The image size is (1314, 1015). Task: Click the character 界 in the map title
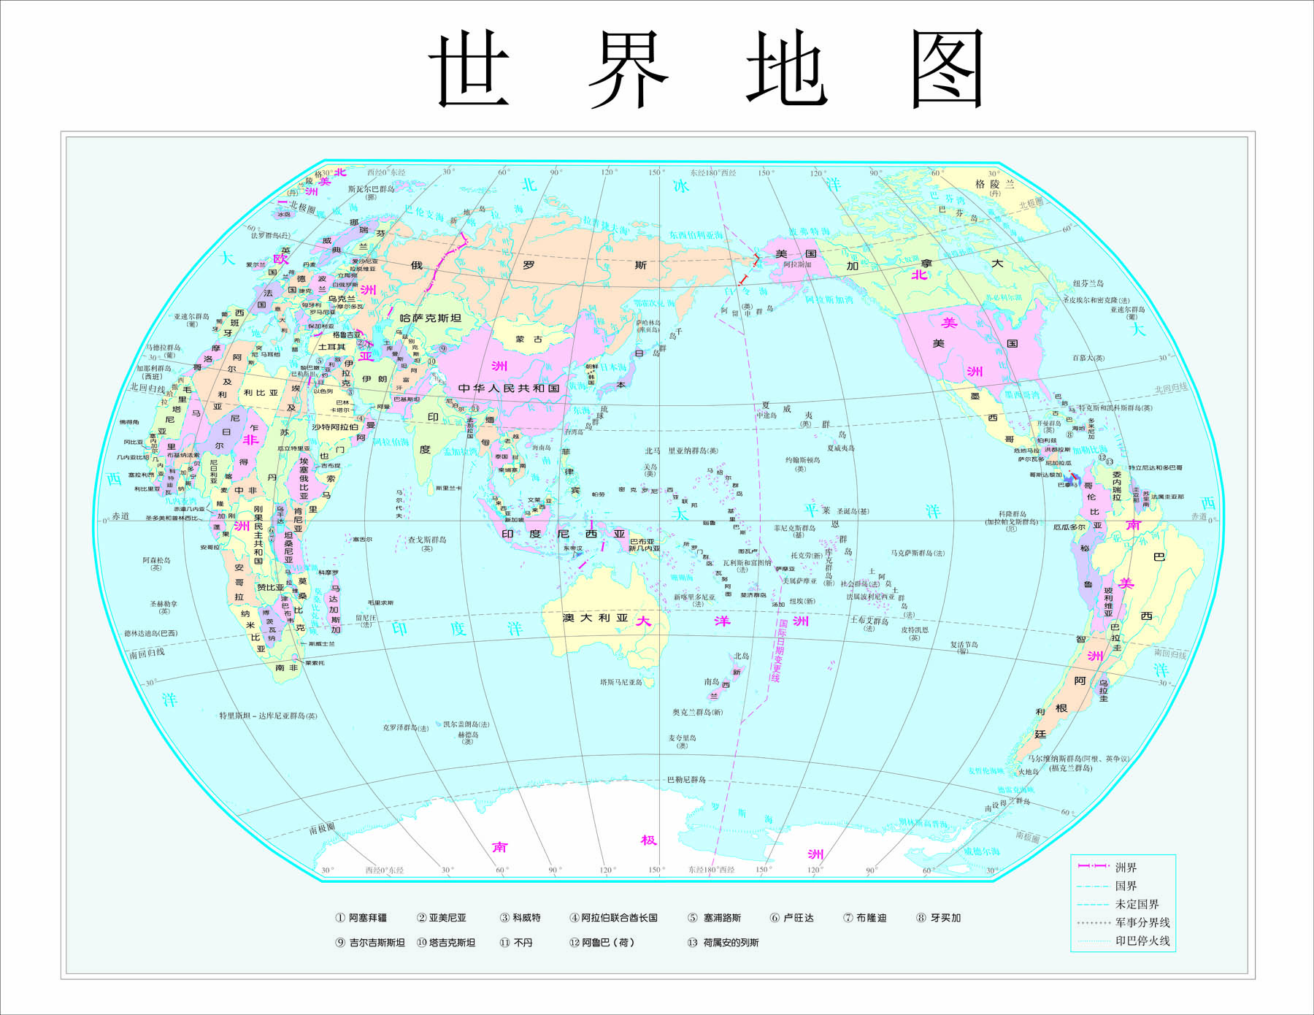point(628,69)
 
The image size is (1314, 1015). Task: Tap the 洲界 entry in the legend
point(1125,867)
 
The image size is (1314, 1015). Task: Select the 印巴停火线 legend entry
point(1142,941)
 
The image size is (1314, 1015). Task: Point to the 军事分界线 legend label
point(1142,922)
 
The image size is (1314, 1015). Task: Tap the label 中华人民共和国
point(509,388)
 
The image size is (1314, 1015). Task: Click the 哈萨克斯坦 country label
point(431,318)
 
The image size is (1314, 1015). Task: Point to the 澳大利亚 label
point(596,618)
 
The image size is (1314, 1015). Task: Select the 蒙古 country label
point(529,340)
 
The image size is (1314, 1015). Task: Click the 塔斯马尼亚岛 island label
point(621,682)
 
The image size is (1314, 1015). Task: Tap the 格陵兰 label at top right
point(994,184)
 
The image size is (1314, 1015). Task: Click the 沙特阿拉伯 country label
point(334,427)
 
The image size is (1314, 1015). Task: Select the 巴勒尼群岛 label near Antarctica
point(686,779)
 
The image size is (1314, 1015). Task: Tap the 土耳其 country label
point(331,347)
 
